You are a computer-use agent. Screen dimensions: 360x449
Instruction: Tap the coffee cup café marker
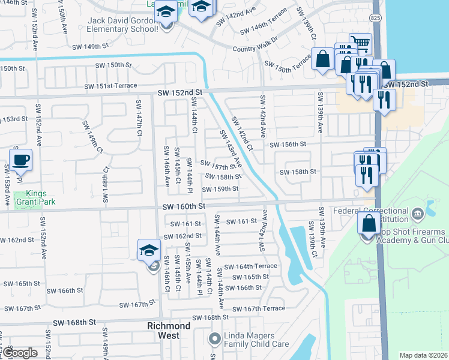point(20,160)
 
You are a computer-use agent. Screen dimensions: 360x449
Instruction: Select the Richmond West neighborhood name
point(169,330)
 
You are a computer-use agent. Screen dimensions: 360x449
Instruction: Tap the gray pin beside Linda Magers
point(214,340)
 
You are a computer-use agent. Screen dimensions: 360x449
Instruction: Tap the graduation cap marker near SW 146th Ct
point(150,251)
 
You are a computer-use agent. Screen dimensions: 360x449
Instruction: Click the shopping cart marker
point(360,43)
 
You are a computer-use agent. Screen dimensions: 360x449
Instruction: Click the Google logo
point(20,353)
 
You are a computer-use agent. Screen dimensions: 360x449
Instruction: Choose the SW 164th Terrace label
point(252,266)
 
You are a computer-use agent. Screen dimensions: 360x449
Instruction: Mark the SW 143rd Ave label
point(231,149)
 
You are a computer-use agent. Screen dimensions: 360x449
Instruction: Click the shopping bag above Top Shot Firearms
point(369,223)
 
